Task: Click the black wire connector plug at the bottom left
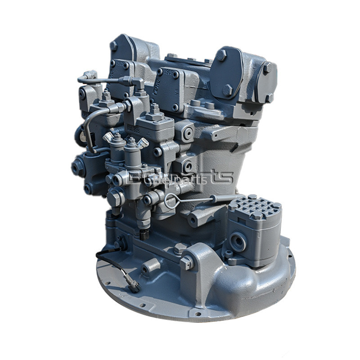coord(133,284)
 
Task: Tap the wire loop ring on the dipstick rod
coord(171,202)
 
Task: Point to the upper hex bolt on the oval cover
coord(222,55)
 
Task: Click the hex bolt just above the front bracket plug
coord(180,247)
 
